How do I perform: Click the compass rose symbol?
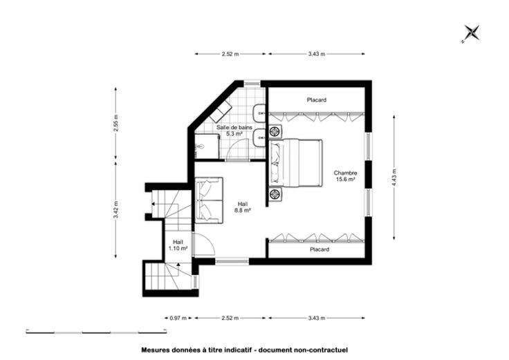pos(472,33)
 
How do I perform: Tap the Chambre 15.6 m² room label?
pos(345,176)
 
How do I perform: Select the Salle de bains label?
pos(234,127)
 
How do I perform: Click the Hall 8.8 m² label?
pos(243,207)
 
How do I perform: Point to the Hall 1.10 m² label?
pos(178,245)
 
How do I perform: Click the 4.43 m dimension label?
pos(394,178)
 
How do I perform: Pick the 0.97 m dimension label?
pos(178,318)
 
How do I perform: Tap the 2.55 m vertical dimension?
pos(116,123)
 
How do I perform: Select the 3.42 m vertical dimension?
pos(116,210)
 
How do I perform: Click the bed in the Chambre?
pos(295,163)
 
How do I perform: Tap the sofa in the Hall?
pos(209,200)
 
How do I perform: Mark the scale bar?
pos(96,332)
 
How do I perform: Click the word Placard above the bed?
pos(317,100)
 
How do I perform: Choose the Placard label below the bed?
pos(320,249)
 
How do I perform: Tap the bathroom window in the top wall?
pos(252,83)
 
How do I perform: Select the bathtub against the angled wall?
pos(221,111)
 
